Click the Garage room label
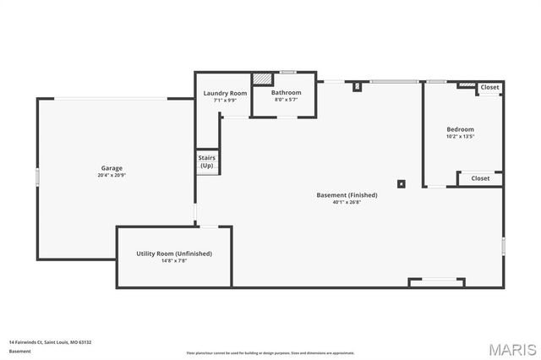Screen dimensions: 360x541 (x=112, y=168)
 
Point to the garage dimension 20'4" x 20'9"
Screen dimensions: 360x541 (x=112, y=176)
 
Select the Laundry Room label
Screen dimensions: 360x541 (x=225, y=93)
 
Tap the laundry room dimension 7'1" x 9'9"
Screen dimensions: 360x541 (x=225, y=101)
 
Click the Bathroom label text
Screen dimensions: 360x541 (x=286, y=92)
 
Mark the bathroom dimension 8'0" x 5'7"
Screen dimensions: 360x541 (x=286, y=100)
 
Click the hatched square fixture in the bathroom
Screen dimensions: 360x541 (x=262, y=79)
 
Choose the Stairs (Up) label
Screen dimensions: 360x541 (x=207, y=161)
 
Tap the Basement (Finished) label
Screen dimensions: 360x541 (x=347, y=195)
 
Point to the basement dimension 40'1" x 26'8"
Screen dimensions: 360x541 (x=347, y=203)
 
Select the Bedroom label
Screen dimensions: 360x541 (x=460, y=129)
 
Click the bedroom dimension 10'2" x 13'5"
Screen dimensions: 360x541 (x=460, y=137)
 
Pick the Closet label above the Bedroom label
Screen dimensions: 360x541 (x=489, y=87)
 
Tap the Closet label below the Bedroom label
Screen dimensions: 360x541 (x=480, y=178)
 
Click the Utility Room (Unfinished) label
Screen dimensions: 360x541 (x=174, y=254)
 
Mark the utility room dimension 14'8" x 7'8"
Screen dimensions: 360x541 (x=174, y=261)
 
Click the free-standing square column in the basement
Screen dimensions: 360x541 (x=402, y=183)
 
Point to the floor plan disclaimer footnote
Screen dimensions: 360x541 (x=270, y=353)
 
